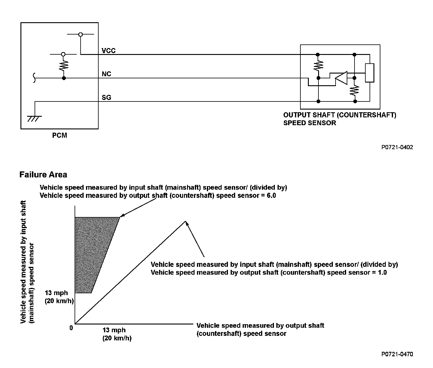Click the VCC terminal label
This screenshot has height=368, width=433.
click(109, 51)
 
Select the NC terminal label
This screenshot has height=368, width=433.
click(106, 74)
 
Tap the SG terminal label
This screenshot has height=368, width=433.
click(106, 98)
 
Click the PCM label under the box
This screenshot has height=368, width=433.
click(60, 135)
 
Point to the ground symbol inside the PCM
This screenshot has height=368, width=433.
click(34, 119)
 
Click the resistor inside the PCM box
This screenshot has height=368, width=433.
click(63, 66)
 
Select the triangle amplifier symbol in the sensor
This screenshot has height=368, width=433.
click(341, 78)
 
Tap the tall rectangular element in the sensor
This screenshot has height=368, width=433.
click(370, 73)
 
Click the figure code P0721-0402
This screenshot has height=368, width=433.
click(397, 147)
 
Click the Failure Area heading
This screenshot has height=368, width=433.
click(43, 175)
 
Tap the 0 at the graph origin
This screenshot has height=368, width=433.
click(71, 328)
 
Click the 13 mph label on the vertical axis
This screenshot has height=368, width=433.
click(56, 293)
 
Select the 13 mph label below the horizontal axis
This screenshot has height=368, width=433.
click(114, 330)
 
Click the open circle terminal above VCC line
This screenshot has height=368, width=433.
click(81, 35)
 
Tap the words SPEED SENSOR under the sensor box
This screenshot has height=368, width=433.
click(310, 123)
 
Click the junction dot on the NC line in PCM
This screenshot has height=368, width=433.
click(64, 78)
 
